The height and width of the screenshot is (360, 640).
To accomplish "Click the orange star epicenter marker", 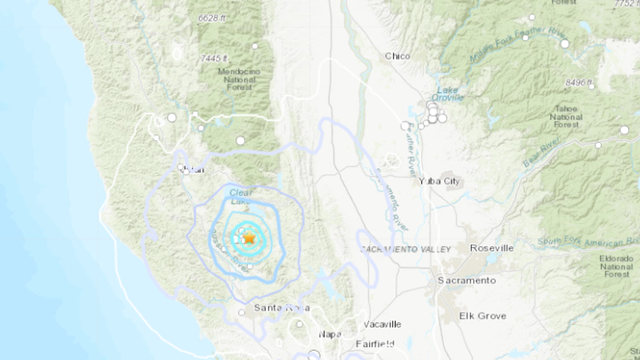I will pyautogui.click(x=249, y=238).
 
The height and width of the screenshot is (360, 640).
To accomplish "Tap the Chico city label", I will pyautogui.click(x=397, y=56).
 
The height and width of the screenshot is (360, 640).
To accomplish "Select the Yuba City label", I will pyautogui.click(x=439, y=181).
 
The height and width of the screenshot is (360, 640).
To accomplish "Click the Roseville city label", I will pyautogui.click(x=491, y=248).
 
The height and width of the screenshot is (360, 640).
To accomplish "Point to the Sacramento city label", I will pyautogui.click(x=466, y=280).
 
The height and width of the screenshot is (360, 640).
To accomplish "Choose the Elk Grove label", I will pyautogui.click(x=482, y=315).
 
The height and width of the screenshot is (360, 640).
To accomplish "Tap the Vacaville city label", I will pyautogui.click(x=382, y=324).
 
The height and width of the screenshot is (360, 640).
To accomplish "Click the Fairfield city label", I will pyautogui.click(x=375, y=344).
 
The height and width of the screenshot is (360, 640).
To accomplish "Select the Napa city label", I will pyautogui.click(x=329, y=334).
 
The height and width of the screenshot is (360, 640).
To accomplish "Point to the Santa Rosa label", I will pyautogui.click(x=281, y=307).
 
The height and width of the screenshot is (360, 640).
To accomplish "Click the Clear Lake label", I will pyautogui.click(x=241, y=197).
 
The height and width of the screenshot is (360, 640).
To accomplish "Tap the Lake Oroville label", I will pyautogui.click(x=447, y=93).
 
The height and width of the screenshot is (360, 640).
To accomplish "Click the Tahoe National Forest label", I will pyautogui.click(x=566, y=116).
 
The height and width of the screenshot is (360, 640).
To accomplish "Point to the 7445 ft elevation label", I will pyautogui.click(x=214, y=58).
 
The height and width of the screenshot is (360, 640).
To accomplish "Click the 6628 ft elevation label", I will pyautogui.click(x=211, y=18).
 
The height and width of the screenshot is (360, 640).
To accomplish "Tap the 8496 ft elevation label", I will pyautogui.click(x=579, y=82).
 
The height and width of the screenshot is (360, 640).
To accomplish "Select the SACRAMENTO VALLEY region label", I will pyautogui.click(x=405, y=249).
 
